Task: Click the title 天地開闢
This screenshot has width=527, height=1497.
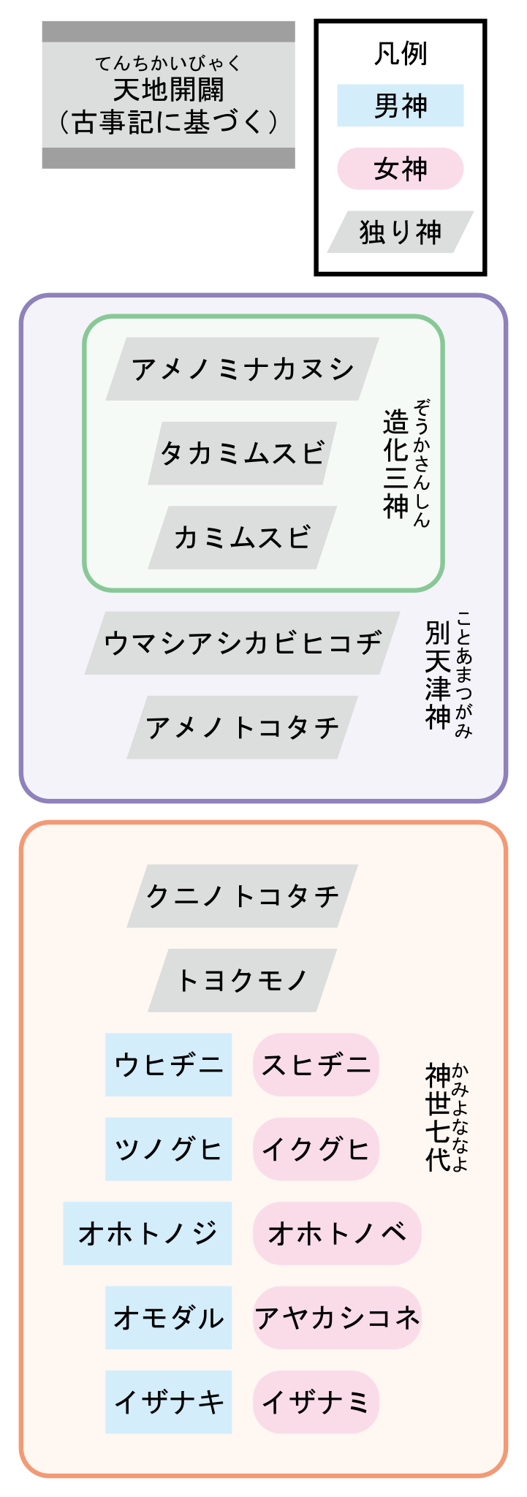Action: (169, 90)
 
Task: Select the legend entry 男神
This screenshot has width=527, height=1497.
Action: (400, 106)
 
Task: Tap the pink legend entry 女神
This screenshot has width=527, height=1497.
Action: (400, 169)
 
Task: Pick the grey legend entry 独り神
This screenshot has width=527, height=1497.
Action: (400, 232)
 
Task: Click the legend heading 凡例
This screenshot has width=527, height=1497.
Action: (400, 53)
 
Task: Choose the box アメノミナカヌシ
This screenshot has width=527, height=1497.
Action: (242, 369)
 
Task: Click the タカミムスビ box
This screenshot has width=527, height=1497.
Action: (242, 453)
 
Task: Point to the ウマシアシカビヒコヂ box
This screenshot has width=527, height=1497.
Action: (242, 643)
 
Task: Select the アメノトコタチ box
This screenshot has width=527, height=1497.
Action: (242, 727)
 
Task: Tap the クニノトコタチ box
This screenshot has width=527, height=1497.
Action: (242, 896)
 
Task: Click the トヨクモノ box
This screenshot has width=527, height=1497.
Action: (242, 980)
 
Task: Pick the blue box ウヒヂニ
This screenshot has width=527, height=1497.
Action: (168, 1065)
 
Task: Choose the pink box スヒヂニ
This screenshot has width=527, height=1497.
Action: (316, 1065)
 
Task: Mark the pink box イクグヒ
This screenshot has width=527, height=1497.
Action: (316, 1149)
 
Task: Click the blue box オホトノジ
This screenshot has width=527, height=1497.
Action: (148, 1233)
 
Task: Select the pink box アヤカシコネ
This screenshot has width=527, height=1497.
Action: (337, 1318)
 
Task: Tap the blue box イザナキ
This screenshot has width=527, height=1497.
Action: (168, 1402)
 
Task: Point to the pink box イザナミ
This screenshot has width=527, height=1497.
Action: (316, 1402)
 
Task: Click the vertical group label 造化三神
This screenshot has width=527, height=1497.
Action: (395, 464)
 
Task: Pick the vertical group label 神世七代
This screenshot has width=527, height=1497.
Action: (438, 1117)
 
